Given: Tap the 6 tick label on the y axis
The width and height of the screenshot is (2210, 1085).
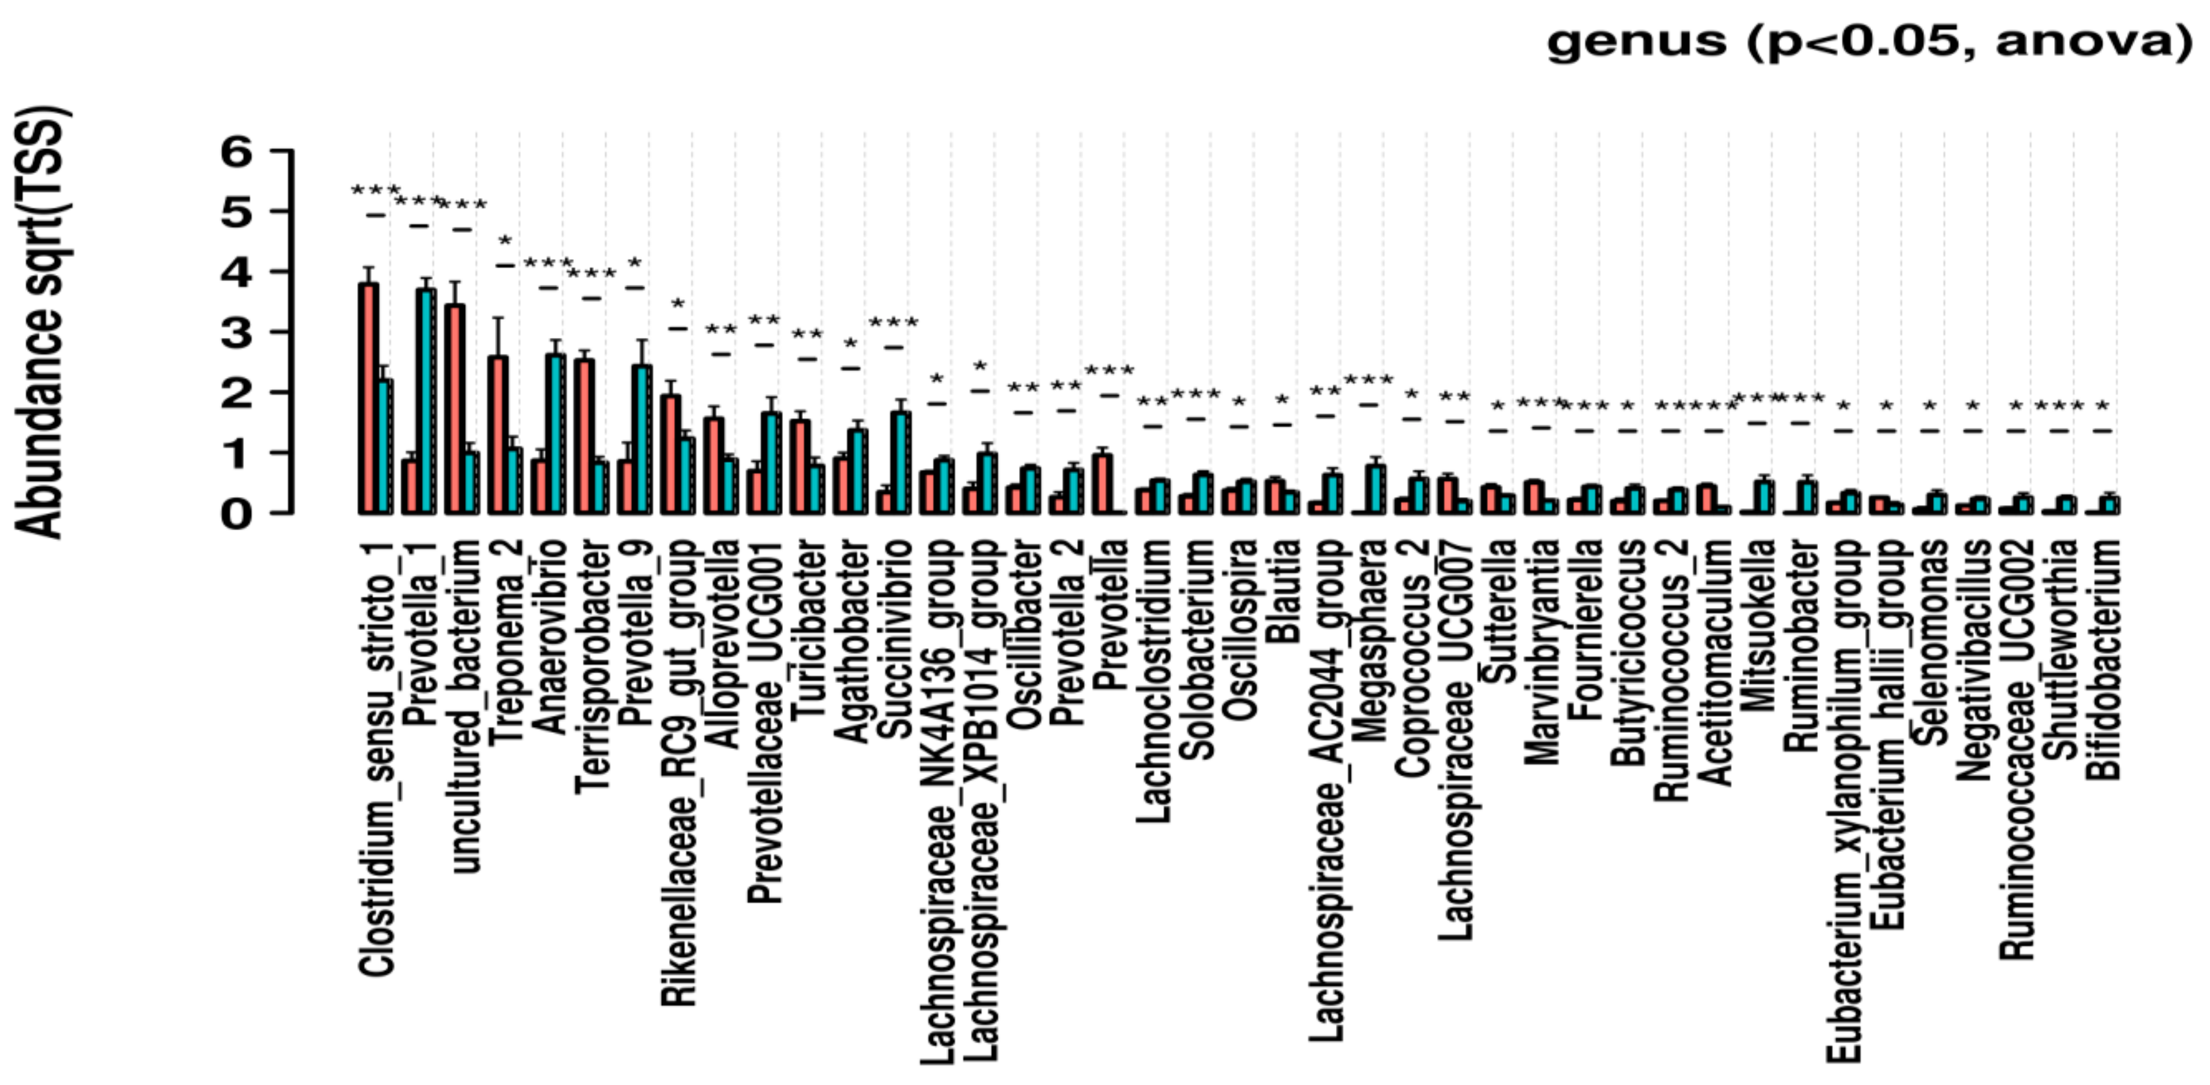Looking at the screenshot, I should (x=237, y=152).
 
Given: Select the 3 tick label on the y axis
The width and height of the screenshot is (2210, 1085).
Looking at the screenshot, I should (x=237, y=333).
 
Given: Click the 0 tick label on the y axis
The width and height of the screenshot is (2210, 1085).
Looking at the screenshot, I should (x=237, y=514).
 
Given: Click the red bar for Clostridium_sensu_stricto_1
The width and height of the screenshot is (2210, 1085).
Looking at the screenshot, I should (x=369, y=399).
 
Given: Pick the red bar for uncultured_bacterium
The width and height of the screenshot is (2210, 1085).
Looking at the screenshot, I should (x=455, y=409).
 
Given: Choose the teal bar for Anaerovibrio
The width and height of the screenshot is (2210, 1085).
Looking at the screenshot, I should (x=555, y=434).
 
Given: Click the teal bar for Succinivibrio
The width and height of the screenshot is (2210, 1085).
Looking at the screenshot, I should (x=900, y=463).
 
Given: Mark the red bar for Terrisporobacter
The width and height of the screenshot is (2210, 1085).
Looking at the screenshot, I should (x=584, y=437).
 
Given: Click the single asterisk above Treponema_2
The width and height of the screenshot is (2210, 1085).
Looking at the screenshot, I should (x=505, y=243).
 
